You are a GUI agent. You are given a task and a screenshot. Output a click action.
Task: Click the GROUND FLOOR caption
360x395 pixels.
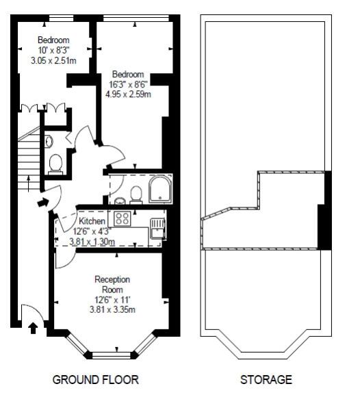(96, 379)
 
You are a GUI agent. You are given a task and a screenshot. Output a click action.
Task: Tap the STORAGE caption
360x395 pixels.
(266, 379)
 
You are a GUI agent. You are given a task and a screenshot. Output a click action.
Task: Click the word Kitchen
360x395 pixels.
(92, 222)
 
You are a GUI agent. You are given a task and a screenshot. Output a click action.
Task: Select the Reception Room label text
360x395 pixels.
(112, 285)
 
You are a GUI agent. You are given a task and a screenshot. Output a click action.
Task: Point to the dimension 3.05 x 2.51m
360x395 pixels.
(53, 61)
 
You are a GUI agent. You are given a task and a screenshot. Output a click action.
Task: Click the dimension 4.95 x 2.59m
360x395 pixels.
(128, 94)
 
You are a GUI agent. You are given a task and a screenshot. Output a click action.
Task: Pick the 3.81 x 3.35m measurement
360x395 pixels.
(112, 310)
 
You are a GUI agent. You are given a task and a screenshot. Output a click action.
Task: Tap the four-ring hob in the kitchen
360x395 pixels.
(123, 219)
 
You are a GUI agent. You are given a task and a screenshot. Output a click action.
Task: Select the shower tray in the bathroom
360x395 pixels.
(162, 188)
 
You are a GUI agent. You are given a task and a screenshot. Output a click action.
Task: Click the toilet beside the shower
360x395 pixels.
(136, 194)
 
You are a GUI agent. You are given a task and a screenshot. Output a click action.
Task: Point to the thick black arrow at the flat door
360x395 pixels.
(42, 203)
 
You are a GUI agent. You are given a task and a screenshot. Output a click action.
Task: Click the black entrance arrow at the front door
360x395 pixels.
(33, 328)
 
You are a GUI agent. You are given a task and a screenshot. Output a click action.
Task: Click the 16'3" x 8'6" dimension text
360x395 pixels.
(128, 84)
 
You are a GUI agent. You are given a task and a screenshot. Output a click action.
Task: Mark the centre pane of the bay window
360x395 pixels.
(112, 355)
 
